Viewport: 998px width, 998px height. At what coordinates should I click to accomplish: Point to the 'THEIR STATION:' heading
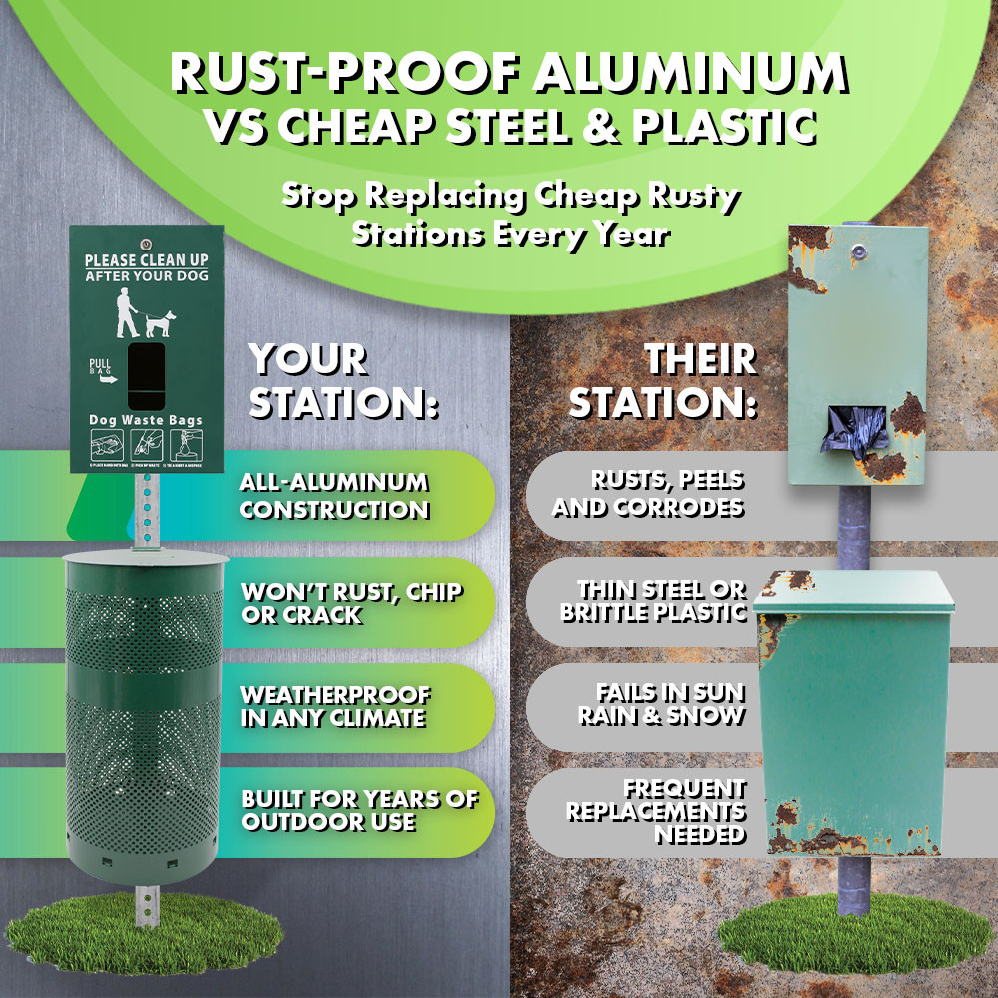click(x=664, y=382)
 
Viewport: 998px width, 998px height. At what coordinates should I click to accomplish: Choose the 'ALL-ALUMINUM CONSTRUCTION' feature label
click(x=333, y=496)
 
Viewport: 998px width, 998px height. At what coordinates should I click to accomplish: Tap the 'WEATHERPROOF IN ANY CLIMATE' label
click(x=335, y=706)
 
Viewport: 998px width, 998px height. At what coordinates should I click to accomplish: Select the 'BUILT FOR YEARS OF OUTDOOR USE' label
click(x=359, y=809)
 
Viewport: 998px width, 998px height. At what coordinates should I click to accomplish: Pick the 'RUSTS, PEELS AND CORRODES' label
click(x=648, y=494)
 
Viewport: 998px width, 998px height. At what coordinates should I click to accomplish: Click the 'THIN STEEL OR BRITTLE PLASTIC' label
click(x=654, y=601)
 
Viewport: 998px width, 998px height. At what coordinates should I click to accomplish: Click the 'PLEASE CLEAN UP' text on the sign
click(x=147, y=259)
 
